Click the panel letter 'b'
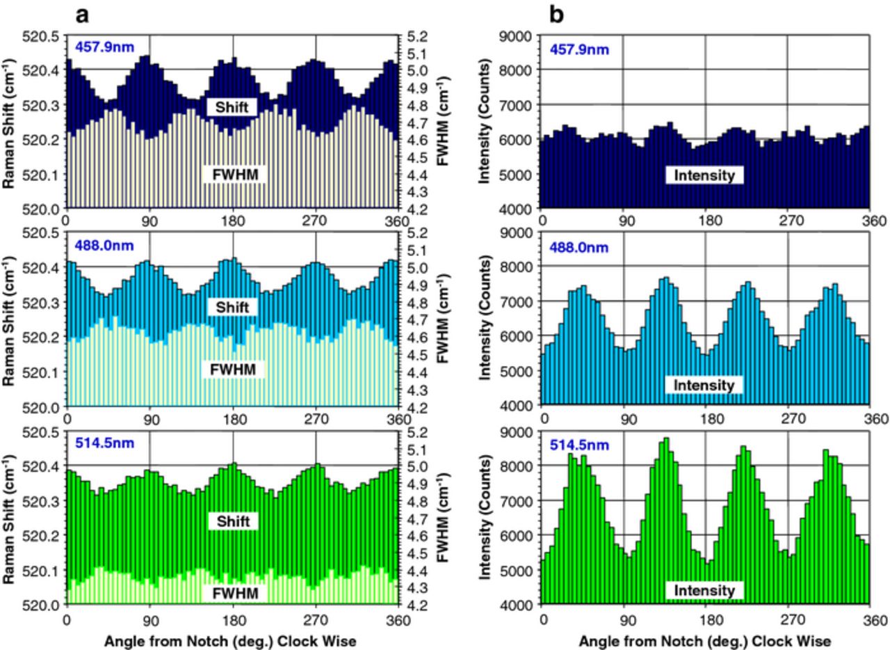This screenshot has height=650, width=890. click(556, 15)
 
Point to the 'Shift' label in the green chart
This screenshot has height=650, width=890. click(232, 521)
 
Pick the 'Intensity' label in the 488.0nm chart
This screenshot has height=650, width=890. click(704, 385)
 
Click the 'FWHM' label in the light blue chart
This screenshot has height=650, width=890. click(232, 370)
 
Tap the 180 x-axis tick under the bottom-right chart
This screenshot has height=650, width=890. click(706, 617)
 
